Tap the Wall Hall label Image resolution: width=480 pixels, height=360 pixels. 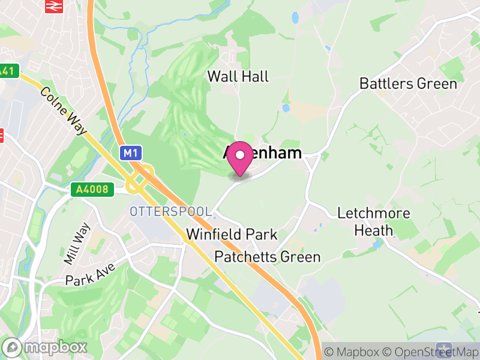click(238, 76)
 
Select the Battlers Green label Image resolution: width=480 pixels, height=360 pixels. click(408, 83)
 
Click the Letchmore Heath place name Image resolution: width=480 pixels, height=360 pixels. click(374, 221)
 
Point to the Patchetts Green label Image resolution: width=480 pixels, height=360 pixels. click(268, 257)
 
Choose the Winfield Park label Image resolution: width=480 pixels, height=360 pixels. click(232, 234)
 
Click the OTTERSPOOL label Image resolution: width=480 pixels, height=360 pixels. click(171, 212)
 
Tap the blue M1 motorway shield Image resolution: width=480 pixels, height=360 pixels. click(131, 154)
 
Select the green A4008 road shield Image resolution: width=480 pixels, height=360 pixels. click(92, 190)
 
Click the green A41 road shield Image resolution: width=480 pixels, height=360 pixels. click(7, 71)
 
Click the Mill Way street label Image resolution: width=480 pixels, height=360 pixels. click(77, 243)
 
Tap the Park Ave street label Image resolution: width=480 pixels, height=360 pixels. click(90, 272)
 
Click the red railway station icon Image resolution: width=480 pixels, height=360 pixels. click(55, 5)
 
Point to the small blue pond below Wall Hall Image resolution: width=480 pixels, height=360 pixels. click(286, 109)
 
